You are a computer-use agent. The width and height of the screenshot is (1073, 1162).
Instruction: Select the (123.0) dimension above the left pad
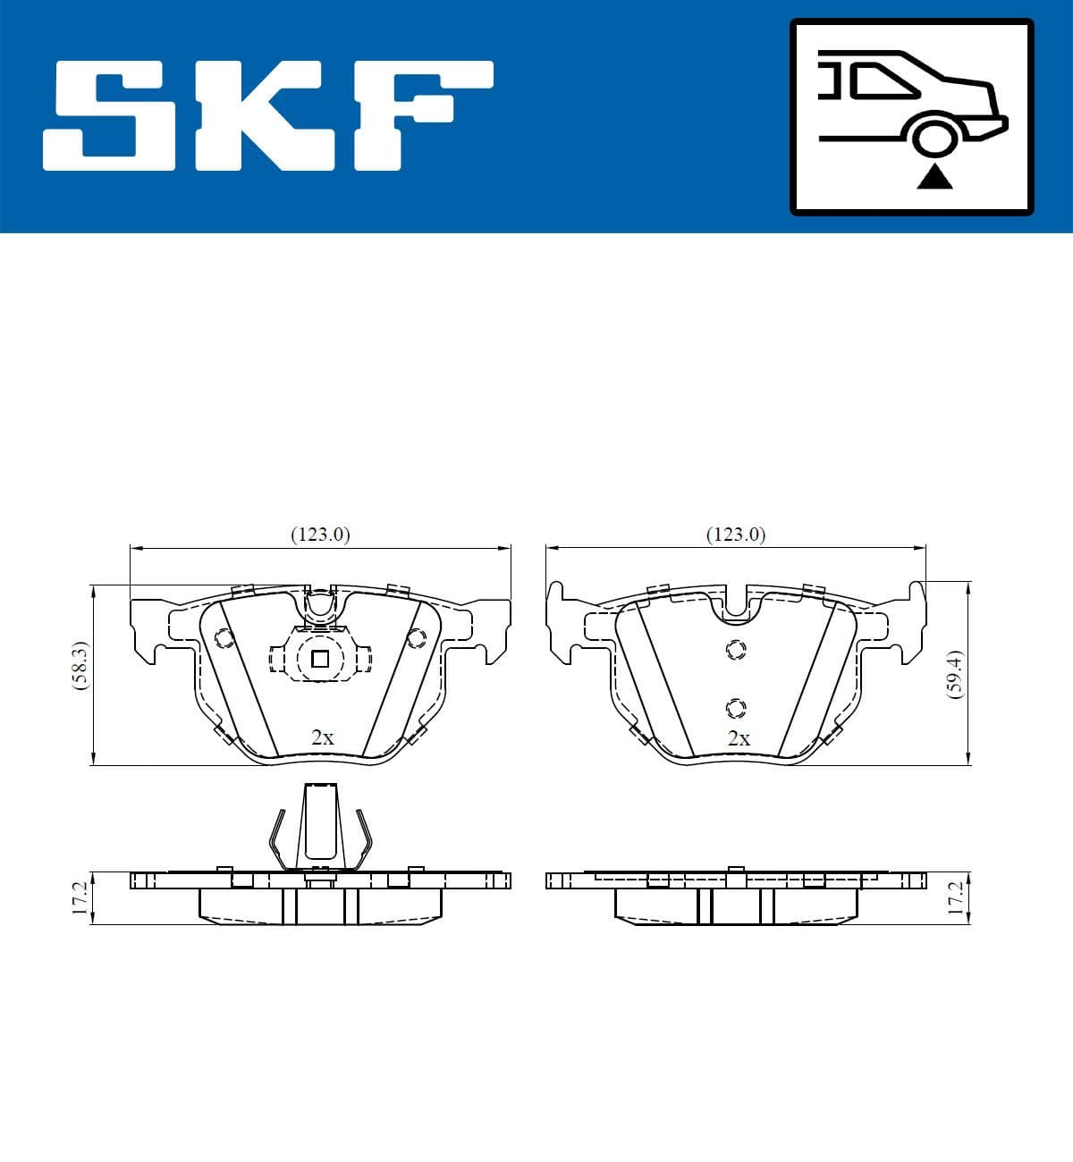coord(320,535)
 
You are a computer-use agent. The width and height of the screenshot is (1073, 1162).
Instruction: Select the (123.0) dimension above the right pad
coord(736,535)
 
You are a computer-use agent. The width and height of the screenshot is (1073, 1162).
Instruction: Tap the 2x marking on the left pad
coord(322,737)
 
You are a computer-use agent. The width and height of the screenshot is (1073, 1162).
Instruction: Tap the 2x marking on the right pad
coord(739,738)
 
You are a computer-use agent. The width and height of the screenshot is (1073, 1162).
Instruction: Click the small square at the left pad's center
coord(320,660)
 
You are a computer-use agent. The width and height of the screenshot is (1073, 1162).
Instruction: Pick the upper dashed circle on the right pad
coord(735,650)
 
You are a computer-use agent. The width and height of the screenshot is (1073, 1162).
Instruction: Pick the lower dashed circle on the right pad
coord(735,708)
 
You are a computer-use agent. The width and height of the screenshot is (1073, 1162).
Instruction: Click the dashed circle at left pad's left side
coord(224,638)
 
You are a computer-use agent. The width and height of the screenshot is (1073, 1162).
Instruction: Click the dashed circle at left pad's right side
coord(416,638)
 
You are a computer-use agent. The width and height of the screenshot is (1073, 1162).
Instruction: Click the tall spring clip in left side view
coord(320,827)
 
